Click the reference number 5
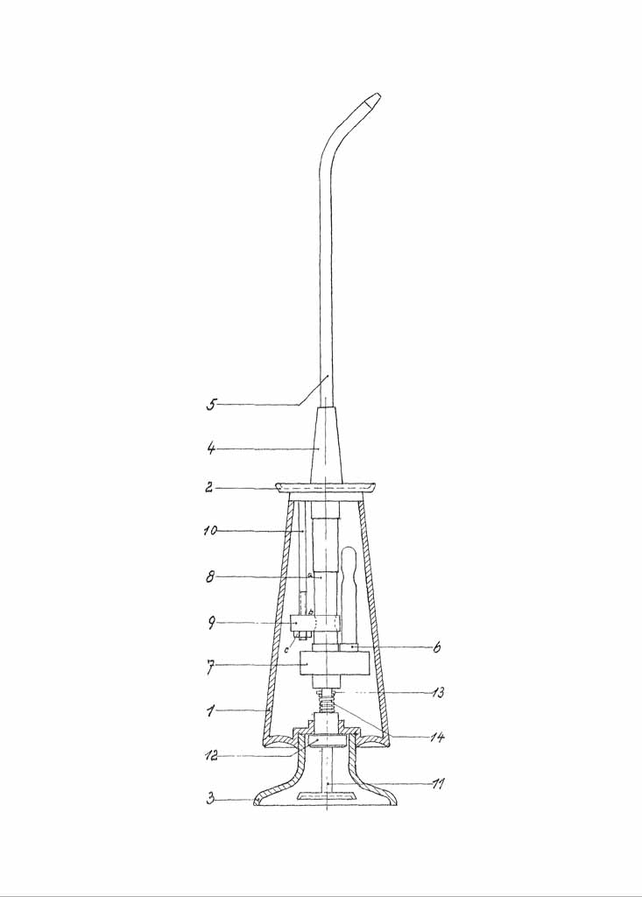point(211,405)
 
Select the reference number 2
point(210,487)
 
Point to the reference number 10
point(210,531)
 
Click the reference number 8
point(210,577)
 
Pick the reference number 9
point(211,623)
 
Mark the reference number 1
point(210,711)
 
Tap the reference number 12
point(210,756)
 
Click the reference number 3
point(210,799)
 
